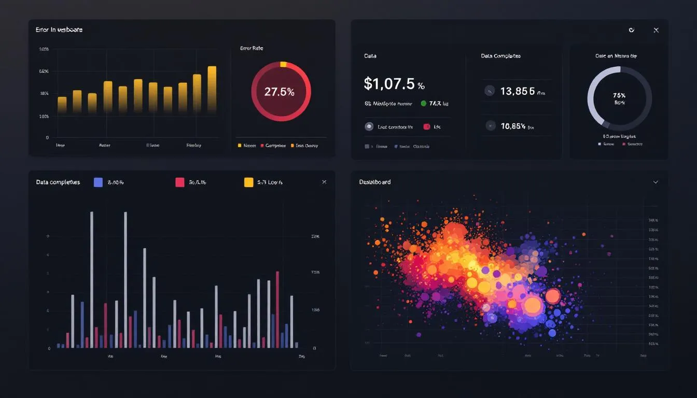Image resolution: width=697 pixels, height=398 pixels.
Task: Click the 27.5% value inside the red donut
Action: [x=279, y=92]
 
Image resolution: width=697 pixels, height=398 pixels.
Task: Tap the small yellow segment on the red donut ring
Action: [x=283, y=65]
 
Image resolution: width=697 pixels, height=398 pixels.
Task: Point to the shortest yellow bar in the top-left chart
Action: [x=62, y=105]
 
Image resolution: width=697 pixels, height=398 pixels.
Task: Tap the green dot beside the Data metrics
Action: [x=424, y=103]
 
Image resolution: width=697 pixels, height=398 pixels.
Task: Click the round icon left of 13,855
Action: [x=489, y=91]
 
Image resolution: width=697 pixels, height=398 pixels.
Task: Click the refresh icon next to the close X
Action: [x=631, y=30]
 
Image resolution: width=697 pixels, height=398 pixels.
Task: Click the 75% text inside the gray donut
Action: [x=619, y=95]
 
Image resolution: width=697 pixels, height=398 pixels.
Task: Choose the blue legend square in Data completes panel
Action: [x=98, y=182]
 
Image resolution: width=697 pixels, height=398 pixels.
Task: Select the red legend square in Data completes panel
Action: [x=180, y=182]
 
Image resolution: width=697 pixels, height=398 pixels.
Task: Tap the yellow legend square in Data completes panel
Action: [x=248, y=182]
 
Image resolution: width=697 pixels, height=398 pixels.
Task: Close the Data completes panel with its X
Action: [x=324, y=182]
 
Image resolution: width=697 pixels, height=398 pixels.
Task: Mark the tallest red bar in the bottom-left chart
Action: [x=277, y=309]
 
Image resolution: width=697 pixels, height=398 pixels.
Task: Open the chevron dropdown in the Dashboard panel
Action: [x=656, y=182]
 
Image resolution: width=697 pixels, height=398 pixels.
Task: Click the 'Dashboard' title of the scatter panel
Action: [x=374, y=182]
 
